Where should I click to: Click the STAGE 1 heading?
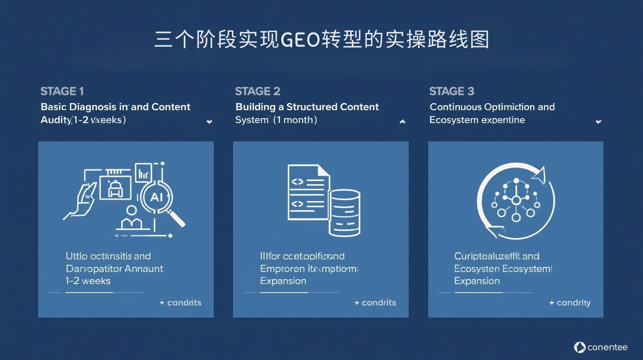tap(62, 92)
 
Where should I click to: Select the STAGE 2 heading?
tap(258, 92)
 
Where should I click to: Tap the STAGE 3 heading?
tap(451, 92)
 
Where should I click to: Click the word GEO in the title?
tap(300, 40)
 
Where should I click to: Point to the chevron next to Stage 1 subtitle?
tap(209, 121)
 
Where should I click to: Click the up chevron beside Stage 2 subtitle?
tap(402, 121)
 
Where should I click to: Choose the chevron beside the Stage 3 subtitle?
tap(598, 121)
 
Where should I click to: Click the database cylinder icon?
tap(344, 213)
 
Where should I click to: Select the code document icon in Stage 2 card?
tap(308, 192)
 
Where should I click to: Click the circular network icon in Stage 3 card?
tap(516, 200)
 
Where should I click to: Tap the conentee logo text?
tap(607, 347)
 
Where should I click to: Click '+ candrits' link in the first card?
tap(180, 303)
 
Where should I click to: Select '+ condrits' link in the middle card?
tap(375, 303)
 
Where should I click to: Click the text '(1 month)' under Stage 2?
tap(295, 120)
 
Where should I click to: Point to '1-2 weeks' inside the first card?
tap(88, 281)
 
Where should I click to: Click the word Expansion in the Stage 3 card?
tap(477, 281)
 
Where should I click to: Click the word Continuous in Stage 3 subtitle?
tap(455, 107)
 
